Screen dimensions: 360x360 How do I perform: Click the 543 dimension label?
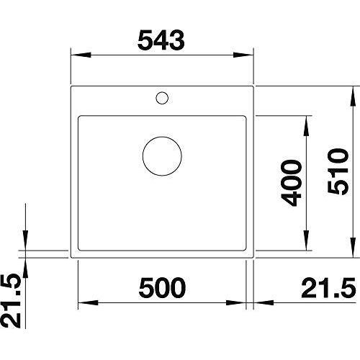[x=161, y=40]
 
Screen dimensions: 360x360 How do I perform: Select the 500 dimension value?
[x=162, y=287]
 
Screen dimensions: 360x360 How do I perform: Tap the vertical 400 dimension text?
[x=291, y=183]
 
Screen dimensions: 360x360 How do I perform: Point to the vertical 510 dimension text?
[x=338, y=171]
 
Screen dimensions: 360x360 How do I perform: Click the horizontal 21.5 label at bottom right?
[x=328, y=287]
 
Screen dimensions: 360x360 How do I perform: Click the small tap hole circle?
[x=162, y=98]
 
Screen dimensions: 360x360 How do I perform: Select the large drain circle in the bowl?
[x=162, y=156]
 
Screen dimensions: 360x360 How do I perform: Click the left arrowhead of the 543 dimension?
[x=81, y=55]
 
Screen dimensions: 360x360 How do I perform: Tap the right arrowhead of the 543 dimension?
[x=243, y=55]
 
